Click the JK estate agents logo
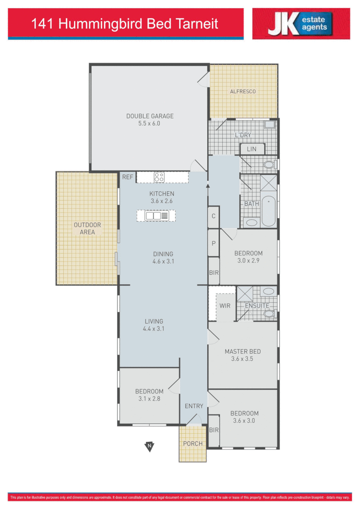coord(301,24)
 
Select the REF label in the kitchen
coord(128,177)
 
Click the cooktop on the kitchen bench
coord(159,177)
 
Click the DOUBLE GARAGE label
coord(150,116)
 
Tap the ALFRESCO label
coord(243,91)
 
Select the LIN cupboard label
coord(252,149)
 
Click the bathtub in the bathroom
coord(269,212)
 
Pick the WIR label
coord(225,306)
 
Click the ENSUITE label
coord(257,306)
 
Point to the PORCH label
coord(192,443)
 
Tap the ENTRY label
coord(194,406)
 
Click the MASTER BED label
coord(242,352)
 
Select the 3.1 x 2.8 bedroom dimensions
coord(149,399)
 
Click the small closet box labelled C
coord(213,216)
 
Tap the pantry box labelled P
coord(213,243)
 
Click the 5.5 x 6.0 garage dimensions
coord(150,123)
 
